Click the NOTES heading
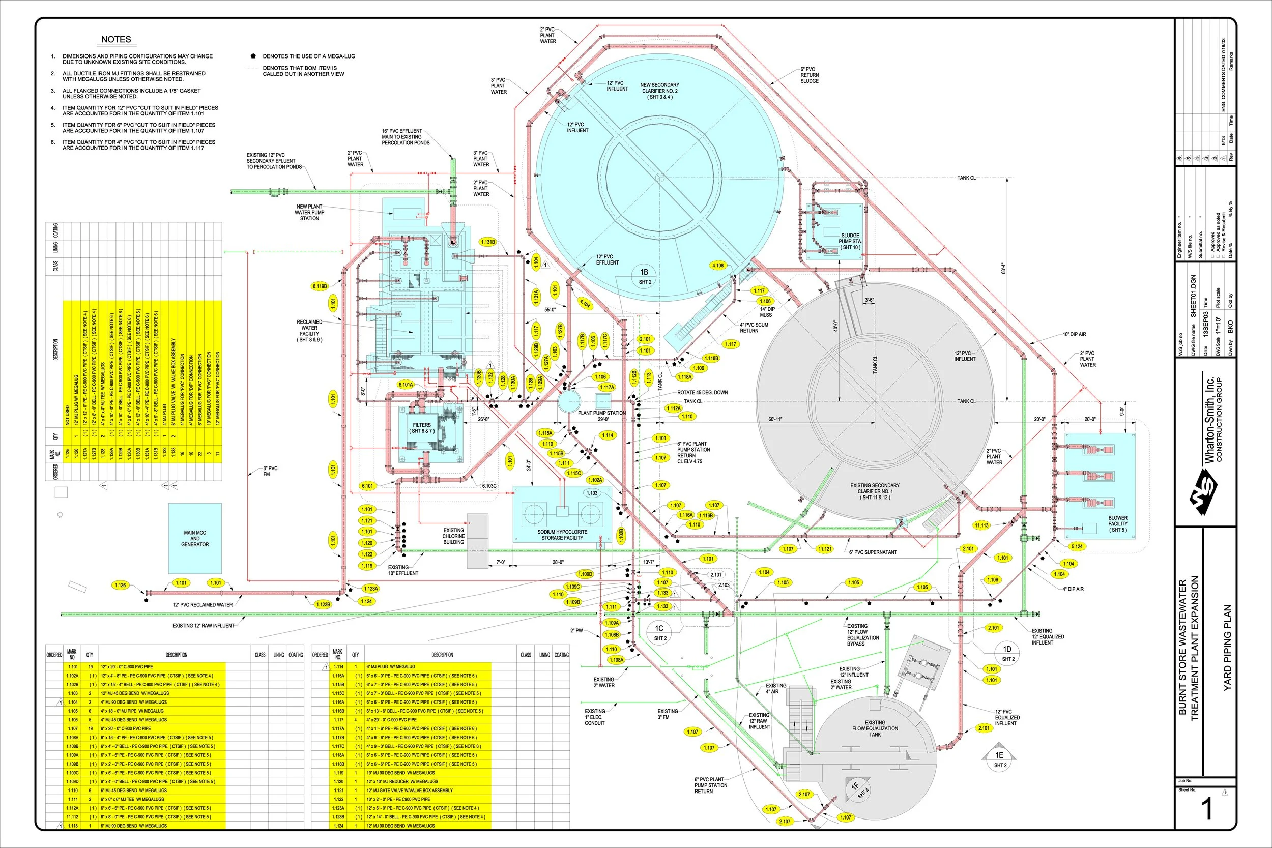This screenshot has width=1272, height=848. [115, 40]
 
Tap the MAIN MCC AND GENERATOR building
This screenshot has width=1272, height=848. [195, 539]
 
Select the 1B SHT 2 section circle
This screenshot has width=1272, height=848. [644, 276]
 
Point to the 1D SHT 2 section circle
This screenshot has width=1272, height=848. [1007, 653]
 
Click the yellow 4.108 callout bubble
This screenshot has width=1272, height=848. [718, 266]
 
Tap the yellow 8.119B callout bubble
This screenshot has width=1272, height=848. [320, 286]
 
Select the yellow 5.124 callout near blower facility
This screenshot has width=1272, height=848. [1077, 546]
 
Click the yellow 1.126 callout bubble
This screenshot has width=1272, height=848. [120, 585]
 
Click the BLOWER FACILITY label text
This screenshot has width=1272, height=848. [1117, 523]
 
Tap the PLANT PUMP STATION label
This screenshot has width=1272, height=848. [601, 413]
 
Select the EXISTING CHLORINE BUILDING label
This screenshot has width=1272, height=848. [453, 536]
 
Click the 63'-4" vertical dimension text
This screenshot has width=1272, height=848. [1003, 268]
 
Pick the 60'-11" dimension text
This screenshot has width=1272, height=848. [775, 419]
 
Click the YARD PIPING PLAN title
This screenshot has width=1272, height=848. [1227, 647]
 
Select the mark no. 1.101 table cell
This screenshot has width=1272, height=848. [72, 667]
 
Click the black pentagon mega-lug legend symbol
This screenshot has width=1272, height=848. [253, 56]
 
